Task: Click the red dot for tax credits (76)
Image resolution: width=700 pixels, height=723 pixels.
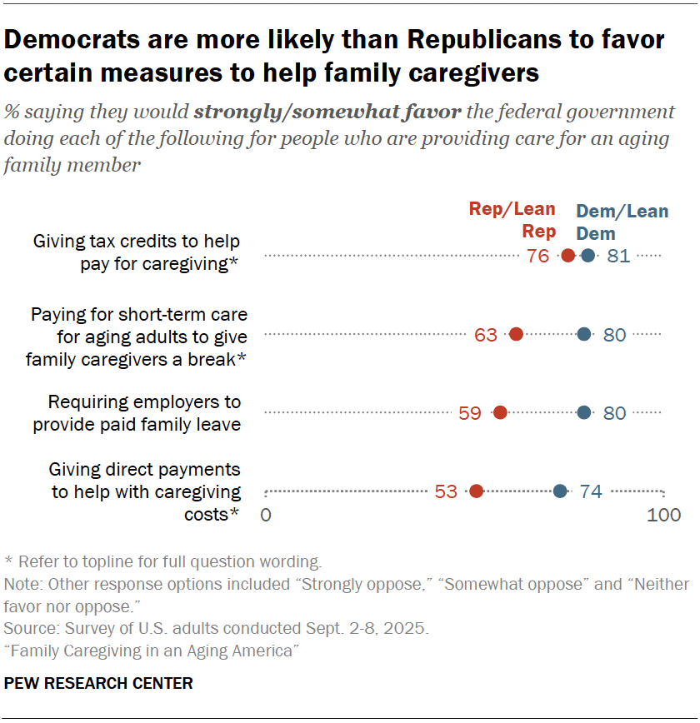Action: point(568,257)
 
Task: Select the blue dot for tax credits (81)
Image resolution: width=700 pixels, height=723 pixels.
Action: point(588,257)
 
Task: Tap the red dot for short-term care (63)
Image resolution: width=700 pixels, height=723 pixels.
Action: point(516,335)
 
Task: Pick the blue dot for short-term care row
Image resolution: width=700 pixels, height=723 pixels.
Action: point(584,335)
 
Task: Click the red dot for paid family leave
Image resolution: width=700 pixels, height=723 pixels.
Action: point(500,412)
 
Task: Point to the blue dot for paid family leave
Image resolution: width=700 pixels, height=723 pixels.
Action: point(584,412)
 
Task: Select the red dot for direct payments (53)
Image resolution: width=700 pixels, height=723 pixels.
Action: point(476,491)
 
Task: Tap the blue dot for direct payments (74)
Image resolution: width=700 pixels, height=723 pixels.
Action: point(560,491)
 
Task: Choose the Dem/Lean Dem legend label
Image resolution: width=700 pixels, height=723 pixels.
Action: point(622,222)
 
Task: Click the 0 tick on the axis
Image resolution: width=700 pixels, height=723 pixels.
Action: point(266,515)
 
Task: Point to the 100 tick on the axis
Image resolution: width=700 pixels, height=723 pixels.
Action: point(663,515)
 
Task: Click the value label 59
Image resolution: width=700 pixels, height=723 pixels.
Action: point(470,412)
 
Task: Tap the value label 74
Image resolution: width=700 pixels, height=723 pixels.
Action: point(591,491)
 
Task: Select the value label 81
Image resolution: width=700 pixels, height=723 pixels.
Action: point(618,257)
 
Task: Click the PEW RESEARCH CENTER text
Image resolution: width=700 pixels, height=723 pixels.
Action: point(98,684)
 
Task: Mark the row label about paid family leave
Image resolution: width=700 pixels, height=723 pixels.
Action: point(137,413)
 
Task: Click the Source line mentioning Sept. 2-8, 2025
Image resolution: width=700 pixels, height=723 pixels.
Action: point(217,627)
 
